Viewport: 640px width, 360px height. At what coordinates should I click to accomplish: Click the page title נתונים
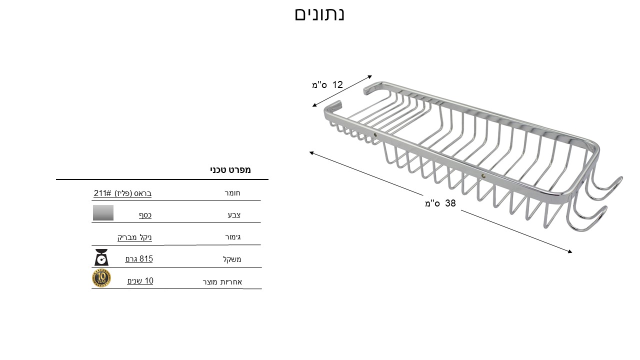click(x=319, y=14)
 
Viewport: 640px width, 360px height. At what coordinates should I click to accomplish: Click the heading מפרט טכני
click(x=230, y=169)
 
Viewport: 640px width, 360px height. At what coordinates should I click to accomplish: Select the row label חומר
click(x=232, y=193)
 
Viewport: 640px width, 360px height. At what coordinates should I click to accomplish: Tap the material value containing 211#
click(x=122, y=193)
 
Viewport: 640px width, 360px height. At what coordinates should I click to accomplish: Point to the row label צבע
click(x=234, y=215)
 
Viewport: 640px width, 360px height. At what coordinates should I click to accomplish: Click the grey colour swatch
click(x=103, y=212)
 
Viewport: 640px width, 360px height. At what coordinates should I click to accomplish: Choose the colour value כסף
click(x=145, y=215)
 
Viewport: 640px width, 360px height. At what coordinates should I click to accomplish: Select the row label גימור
click(x=233, y=237)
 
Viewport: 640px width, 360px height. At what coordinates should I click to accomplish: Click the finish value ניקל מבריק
click(x=134, y=237)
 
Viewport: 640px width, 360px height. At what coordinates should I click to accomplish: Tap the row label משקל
click(x=232, y=259)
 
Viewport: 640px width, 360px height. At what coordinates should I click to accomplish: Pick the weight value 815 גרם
click(x=139, y=259)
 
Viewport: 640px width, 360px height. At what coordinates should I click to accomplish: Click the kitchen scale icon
click(x=101, y=257)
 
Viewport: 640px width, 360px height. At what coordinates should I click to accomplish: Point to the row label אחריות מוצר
click(x=222, y=282)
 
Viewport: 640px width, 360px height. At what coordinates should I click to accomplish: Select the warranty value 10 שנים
click(x=140, y=281)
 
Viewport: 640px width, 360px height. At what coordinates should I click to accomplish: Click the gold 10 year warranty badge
click(x=101, y=278)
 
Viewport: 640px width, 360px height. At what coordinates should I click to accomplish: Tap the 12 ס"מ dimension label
click(x=327, y=84)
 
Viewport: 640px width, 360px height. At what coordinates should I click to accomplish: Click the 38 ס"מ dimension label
click(x=440, y=203)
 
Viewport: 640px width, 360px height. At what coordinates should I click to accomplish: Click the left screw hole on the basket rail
click(x=375, y=135)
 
